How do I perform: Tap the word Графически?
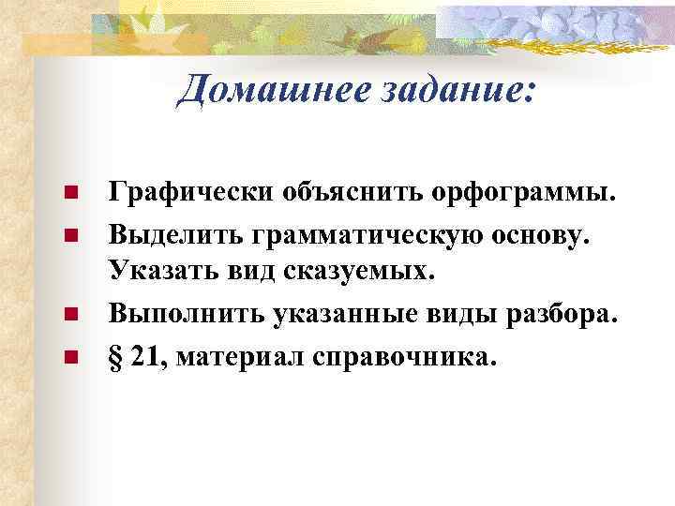coord(187,193)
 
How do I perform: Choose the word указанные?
coord(338,315)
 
